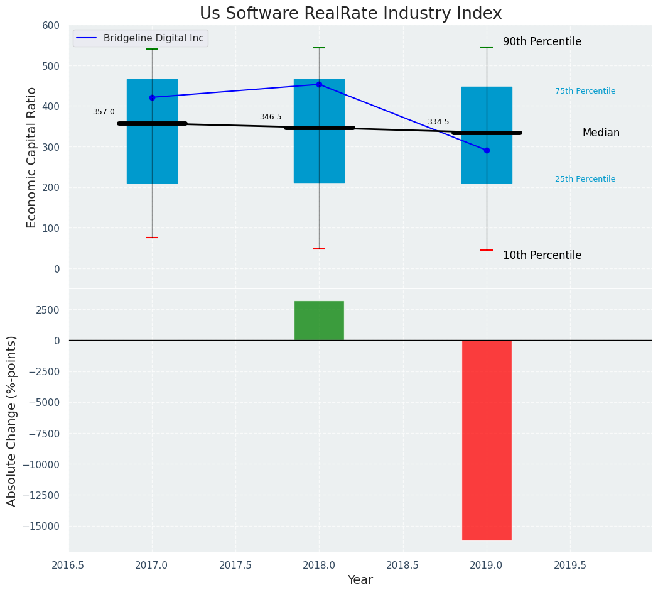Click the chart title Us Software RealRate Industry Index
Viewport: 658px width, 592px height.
350,14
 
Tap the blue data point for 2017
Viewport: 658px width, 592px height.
152,97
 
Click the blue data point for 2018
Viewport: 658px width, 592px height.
319,84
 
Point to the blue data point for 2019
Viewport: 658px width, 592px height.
487,150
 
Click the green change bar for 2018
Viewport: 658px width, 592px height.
319,321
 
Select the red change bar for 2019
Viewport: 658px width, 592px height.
487,440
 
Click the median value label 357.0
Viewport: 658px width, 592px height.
104,112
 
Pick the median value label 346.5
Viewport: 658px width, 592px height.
271,117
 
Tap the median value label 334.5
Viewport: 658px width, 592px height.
438,122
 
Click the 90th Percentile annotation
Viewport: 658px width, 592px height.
542,42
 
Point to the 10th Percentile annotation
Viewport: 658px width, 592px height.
542,256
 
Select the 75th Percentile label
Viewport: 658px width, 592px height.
585,91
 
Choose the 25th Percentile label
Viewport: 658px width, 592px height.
585,179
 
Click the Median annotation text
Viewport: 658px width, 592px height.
601,133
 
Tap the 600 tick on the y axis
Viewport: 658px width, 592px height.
51,26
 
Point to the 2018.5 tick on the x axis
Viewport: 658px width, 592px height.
402,565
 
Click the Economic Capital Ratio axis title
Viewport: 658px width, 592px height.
32,157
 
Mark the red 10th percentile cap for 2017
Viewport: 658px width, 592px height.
152,238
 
